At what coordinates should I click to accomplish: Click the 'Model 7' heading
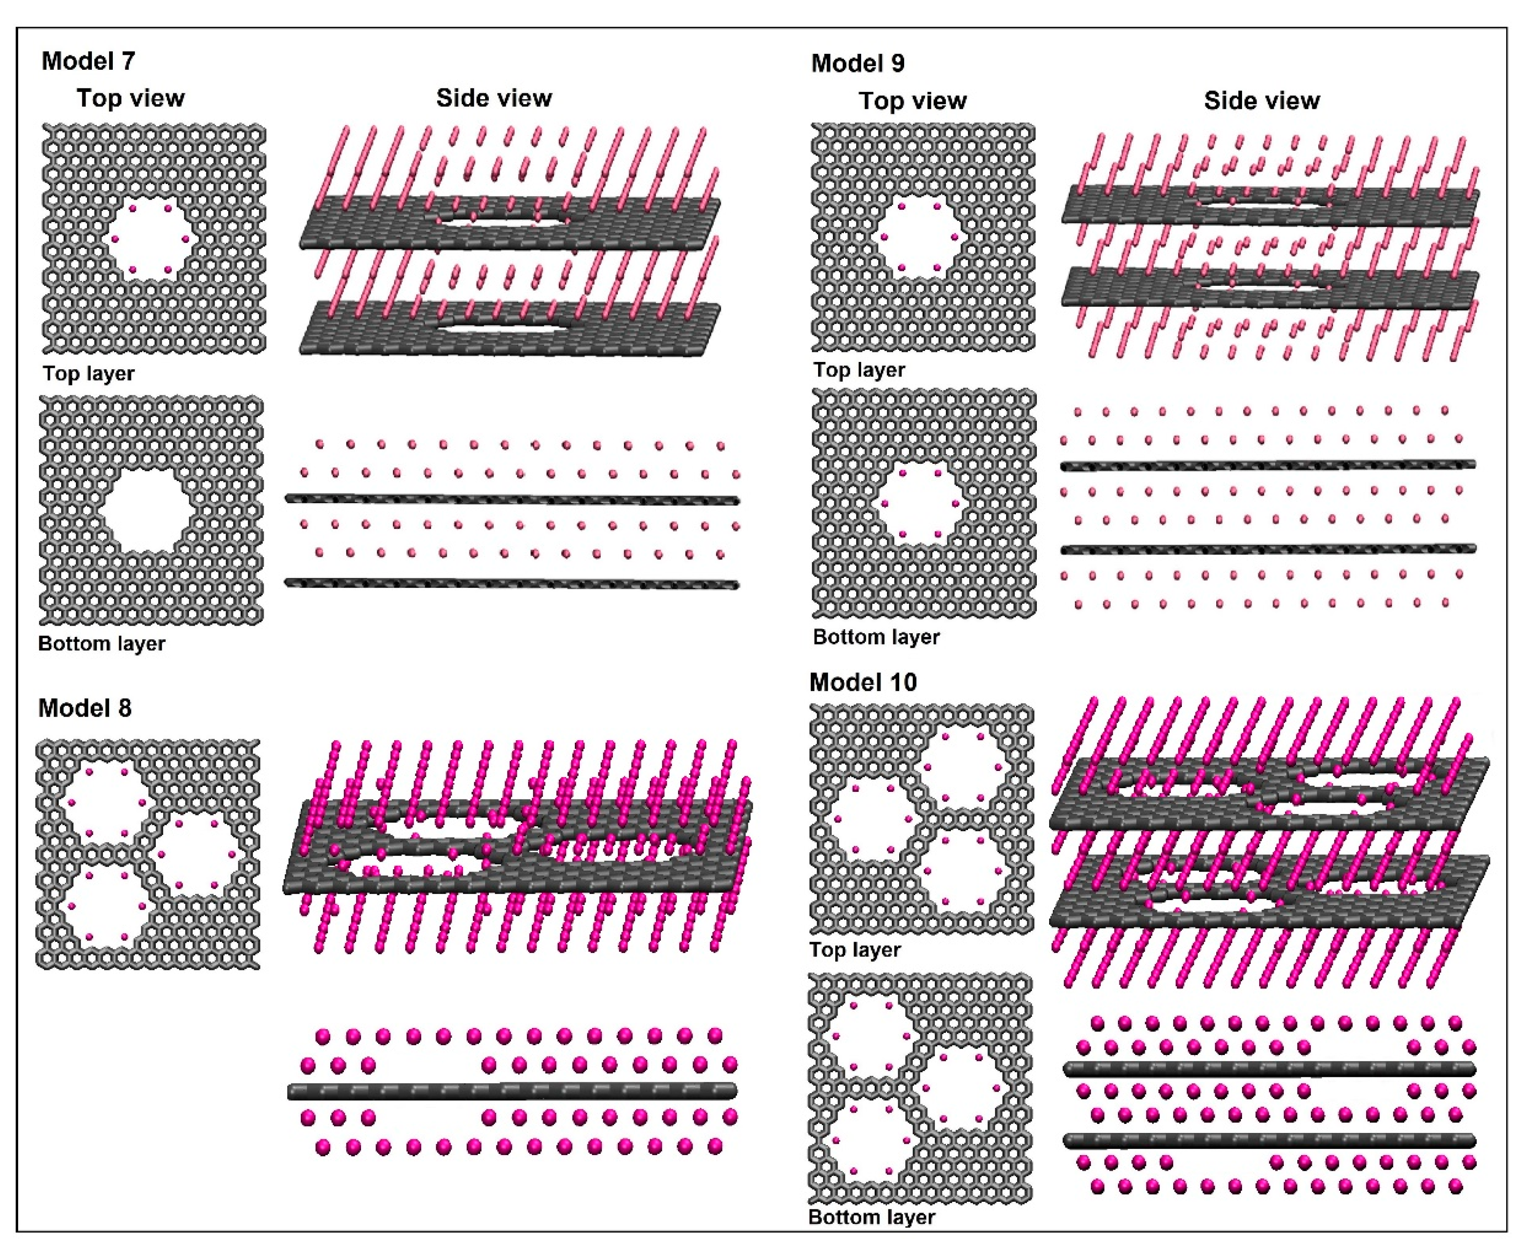coord(88,61)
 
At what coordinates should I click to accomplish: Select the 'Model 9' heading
coord(857,63)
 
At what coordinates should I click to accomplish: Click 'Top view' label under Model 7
coord(131,98)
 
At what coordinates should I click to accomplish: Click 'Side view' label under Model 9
coord(1262,101)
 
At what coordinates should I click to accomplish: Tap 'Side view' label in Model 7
coord(494,98)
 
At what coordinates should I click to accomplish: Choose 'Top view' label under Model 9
coord(912,101)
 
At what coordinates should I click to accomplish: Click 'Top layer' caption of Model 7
coord(88,374)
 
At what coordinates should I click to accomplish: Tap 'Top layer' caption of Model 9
coord(859,370)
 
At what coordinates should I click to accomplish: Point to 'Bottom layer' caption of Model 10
coord(872,1217)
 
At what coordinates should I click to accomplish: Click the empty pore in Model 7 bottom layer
coord(149,512)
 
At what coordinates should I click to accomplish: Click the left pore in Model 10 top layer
coord(872,819)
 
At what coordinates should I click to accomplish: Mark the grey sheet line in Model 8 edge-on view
coord(512,1091)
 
